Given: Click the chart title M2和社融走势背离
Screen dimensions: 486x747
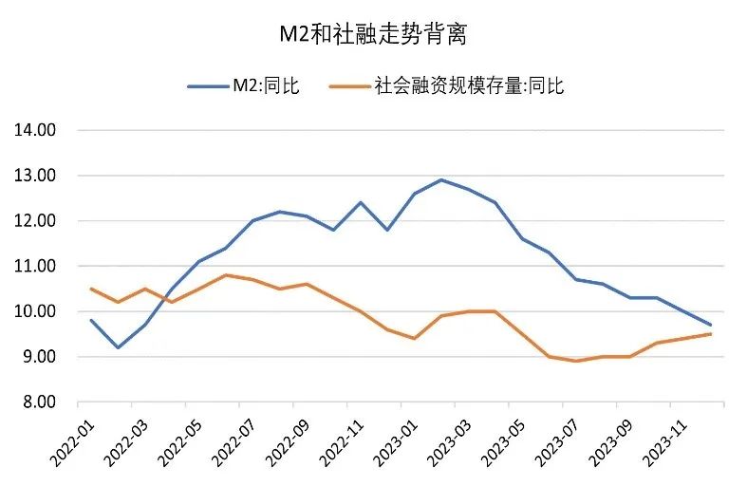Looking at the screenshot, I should pyautogui.click(x=373, y=36).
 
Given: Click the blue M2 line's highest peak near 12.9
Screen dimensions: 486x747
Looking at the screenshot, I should pyautogui.click(x=441, y=179).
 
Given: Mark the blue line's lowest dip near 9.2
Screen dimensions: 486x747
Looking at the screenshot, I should pyautogui.click(x=118, y=347).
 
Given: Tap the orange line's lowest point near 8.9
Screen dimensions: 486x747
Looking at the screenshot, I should pyautogui.click(x=576, y=361).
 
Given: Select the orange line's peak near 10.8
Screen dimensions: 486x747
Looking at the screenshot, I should pyautogui.click(x=225, y=275).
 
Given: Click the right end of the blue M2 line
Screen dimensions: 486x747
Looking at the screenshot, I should pyautogui.click(x=711, y=325).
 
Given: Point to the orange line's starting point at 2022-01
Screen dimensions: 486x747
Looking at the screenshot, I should pyautogui.click(x=91, y=289).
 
